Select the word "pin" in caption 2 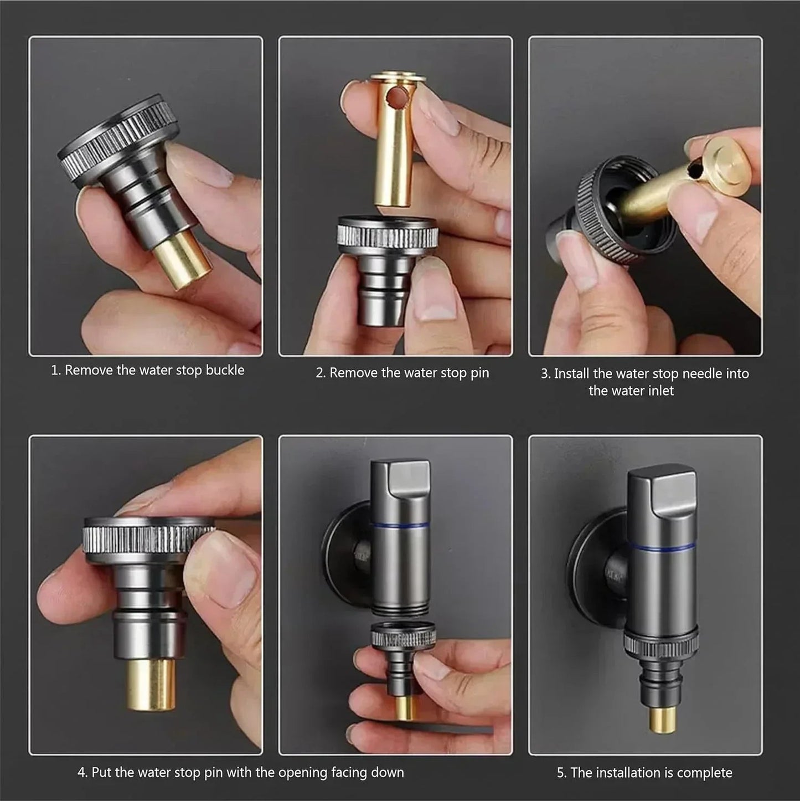coord(480,373)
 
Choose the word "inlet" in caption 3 coord(662,391)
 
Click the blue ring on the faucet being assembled coord(400,523)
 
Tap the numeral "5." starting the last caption coord(562,773)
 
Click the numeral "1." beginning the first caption coord(56,370)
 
